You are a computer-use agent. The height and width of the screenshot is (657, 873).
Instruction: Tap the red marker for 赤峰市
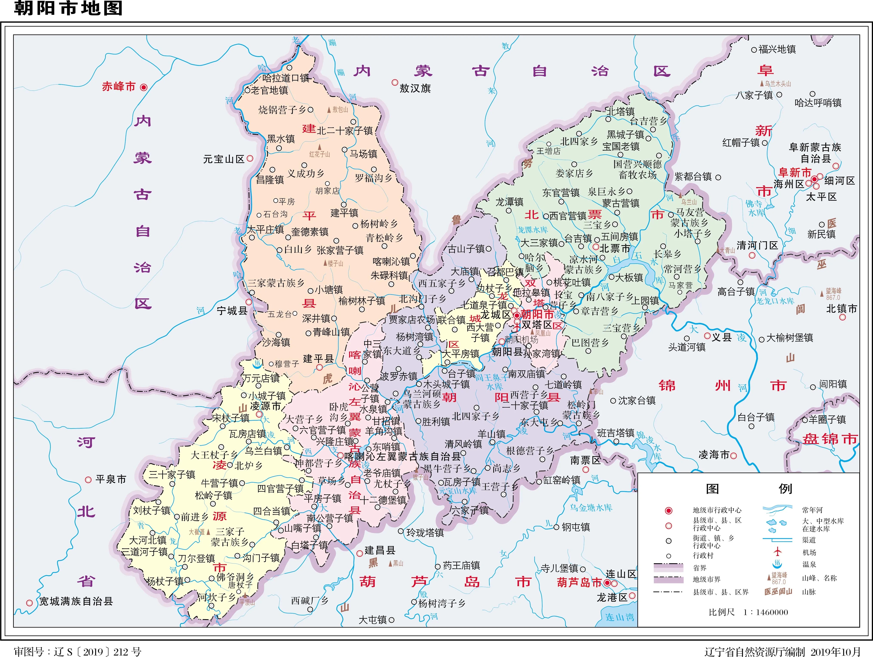(x=144, y=87)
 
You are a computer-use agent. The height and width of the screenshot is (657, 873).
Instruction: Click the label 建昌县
(x=380, y=550)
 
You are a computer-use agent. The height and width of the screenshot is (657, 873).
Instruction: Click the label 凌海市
(x=713, y=455)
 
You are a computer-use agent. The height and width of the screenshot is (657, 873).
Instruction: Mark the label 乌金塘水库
(x=591, y=508)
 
